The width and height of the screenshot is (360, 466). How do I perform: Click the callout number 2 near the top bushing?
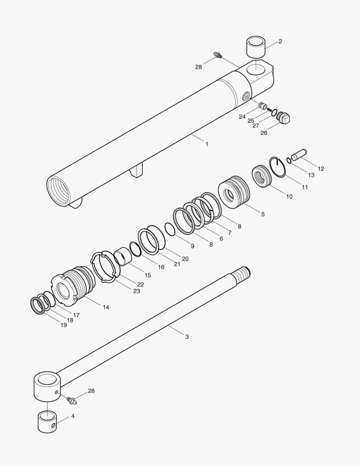[280, 41]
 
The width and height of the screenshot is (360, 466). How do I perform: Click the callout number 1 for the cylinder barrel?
[207, 144]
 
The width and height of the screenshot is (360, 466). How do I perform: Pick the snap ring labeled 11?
[278, 167]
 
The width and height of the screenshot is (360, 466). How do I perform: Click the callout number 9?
[192, 246]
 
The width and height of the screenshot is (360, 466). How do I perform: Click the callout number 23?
[136, 291]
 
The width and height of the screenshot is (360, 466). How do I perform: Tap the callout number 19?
[63, 325]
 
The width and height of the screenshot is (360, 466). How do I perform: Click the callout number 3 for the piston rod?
[187, 337]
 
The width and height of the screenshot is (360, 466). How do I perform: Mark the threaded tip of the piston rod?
[243, 274]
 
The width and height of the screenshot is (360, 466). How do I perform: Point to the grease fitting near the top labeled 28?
[218, 55]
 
